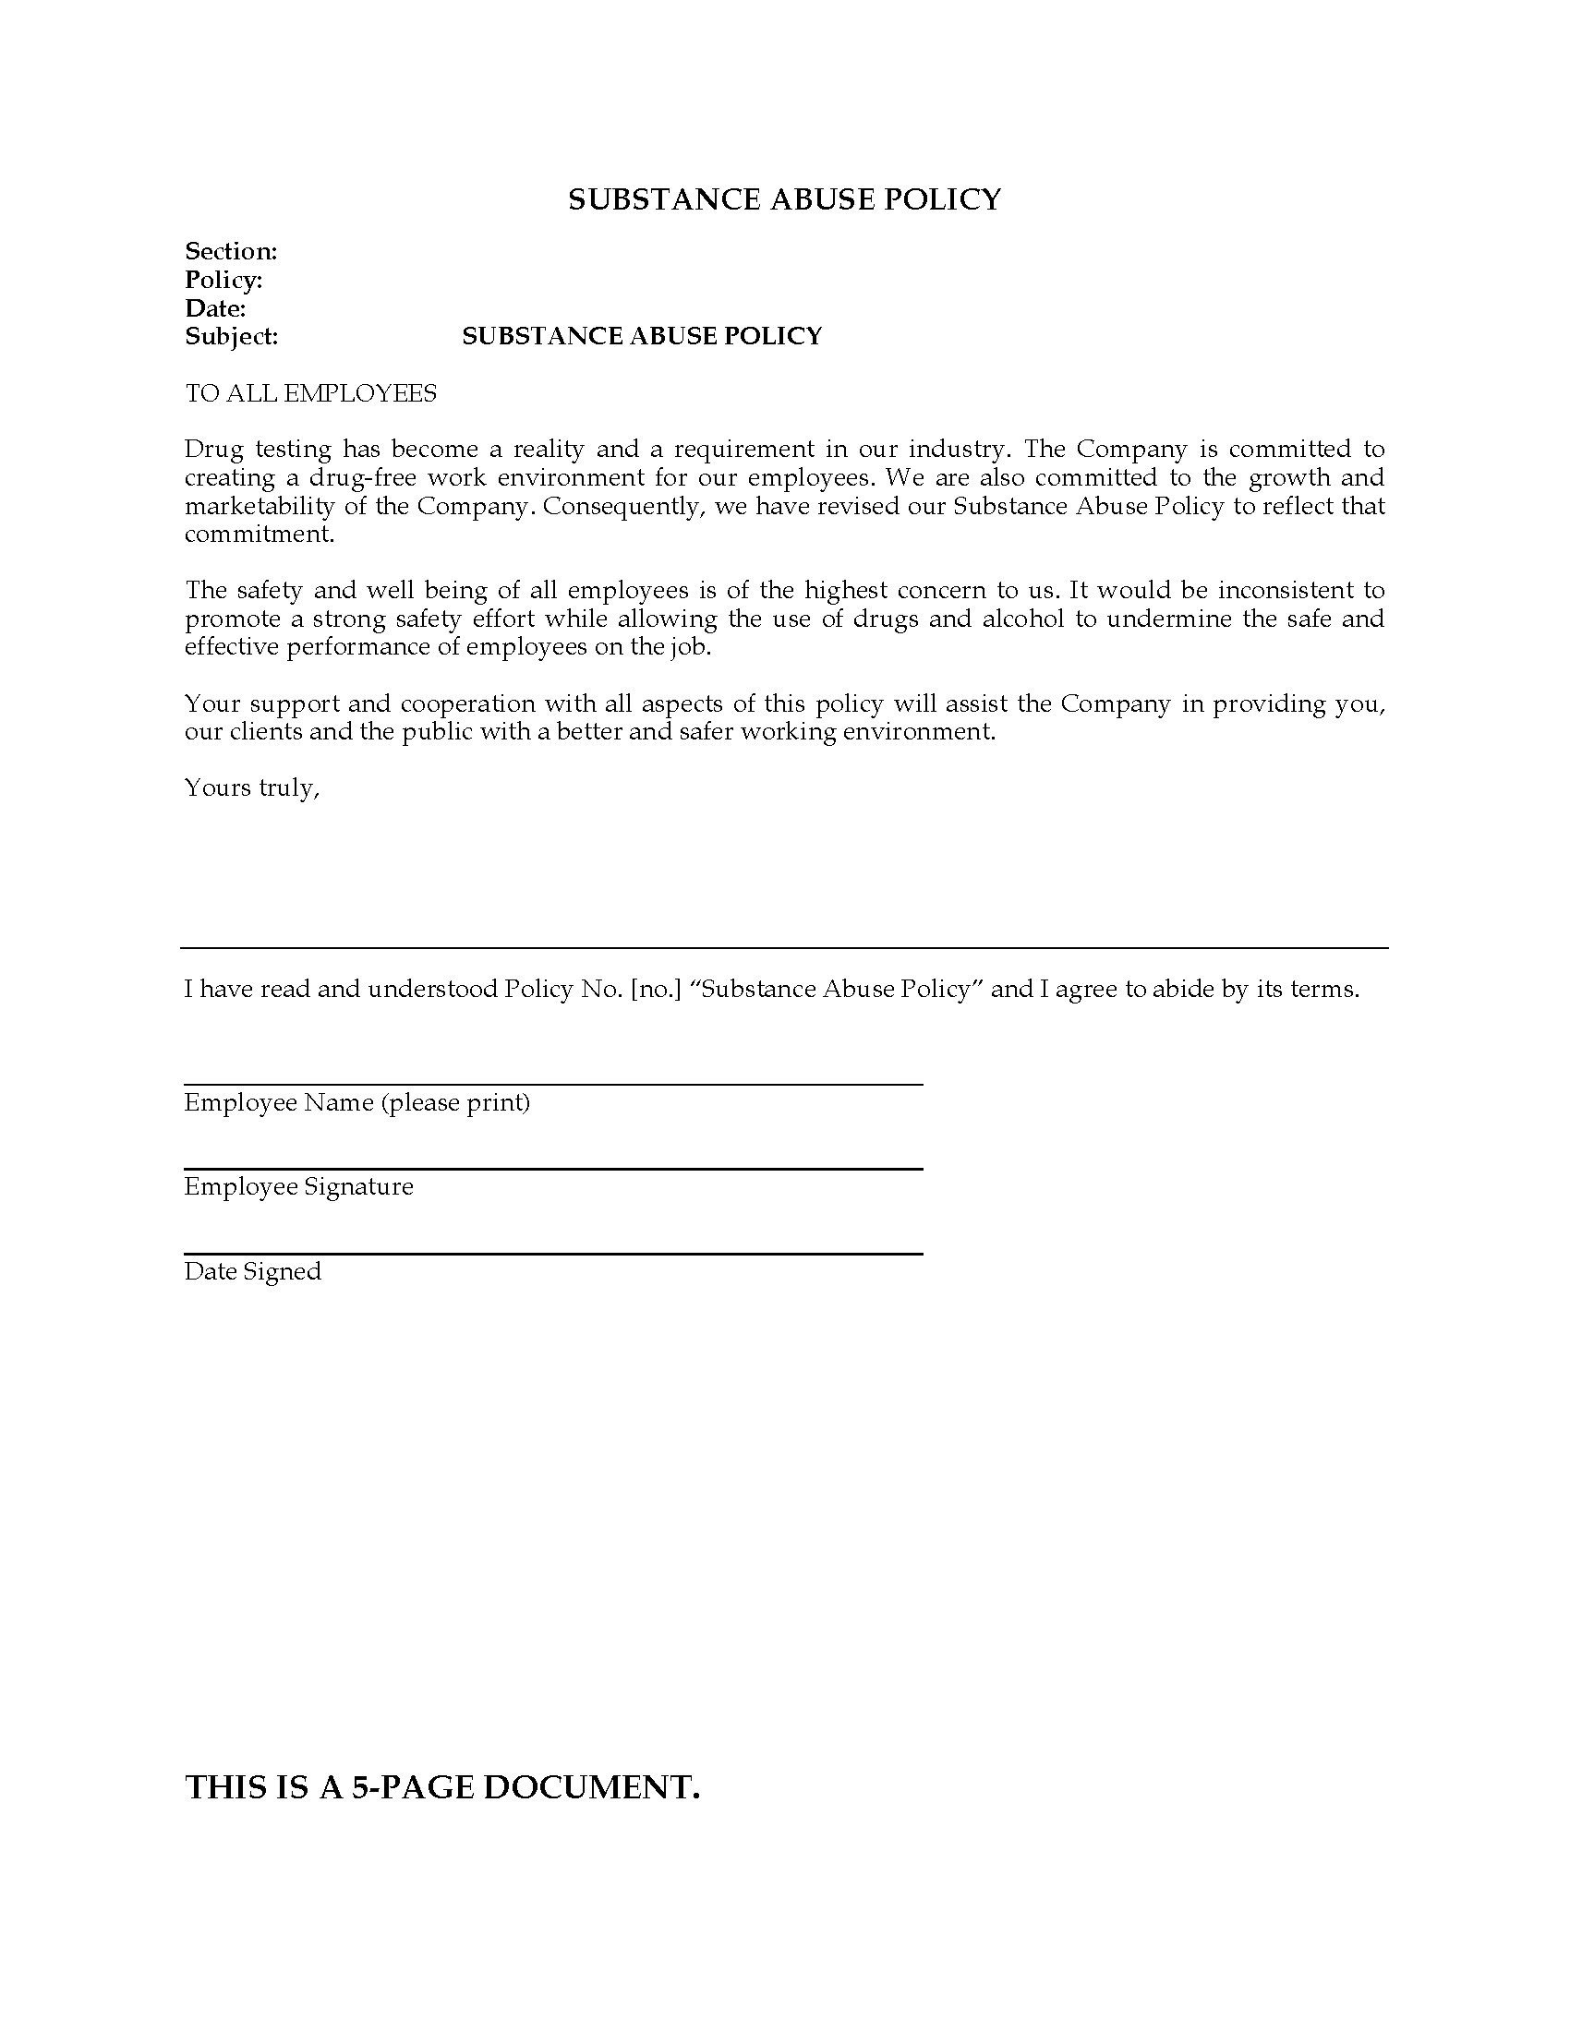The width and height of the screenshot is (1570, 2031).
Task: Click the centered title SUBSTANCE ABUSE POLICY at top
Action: (784, 200)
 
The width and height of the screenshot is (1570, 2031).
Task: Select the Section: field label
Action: (231, 251)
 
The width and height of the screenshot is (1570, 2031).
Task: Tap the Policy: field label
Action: (223, 280)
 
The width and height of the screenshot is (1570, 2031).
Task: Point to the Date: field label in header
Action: (215, 308)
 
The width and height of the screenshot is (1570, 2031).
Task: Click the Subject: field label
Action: (232, 337)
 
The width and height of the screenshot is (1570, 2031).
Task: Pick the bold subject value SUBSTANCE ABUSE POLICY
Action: (642, 337)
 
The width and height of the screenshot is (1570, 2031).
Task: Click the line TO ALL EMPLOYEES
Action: (310, 393)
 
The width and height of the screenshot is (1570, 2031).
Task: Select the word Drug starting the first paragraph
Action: (213, 450)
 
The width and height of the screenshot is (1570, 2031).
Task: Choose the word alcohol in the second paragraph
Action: (1023, 619)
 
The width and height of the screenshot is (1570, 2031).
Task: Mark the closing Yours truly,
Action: (252, 788)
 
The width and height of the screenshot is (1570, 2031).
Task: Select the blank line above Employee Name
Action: (552, 1084)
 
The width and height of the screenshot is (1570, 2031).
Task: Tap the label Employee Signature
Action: (298, 1187)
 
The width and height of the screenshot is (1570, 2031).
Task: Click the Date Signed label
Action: (252, 1272)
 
